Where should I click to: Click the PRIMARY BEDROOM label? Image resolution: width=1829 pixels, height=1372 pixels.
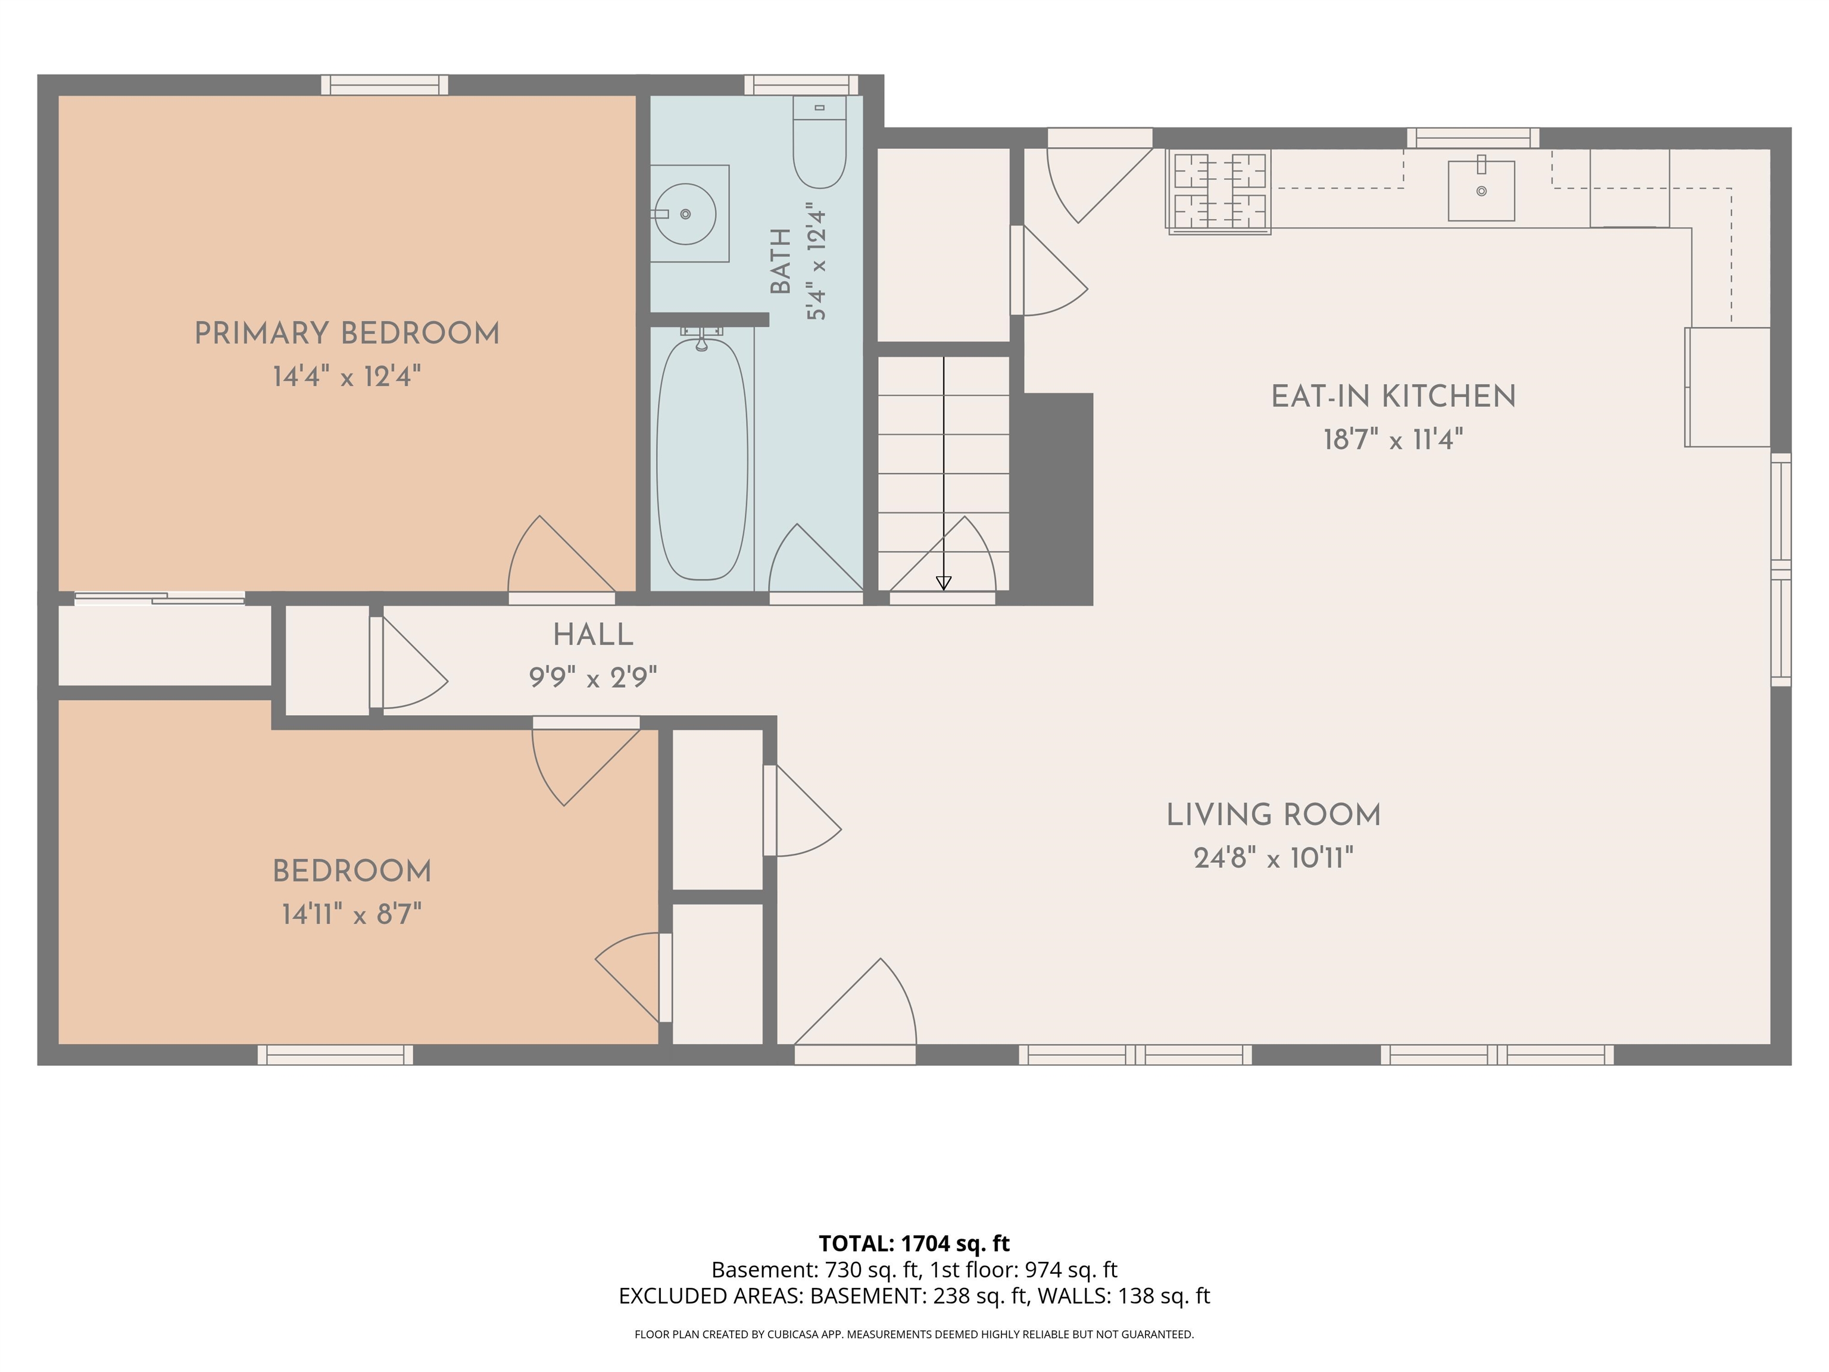[347, 334]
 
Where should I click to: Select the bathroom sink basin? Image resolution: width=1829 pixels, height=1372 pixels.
[685, 214]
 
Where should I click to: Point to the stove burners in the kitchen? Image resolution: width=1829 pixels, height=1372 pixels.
[1219, 191]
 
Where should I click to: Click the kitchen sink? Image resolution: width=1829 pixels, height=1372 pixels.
[1481, 190]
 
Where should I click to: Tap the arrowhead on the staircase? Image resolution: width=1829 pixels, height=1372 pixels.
[944, 583]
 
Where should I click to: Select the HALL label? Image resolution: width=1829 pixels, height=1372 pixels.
[593, 635]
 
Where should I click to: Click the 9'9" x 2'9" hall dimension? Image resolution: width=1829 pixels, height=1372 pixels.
[593, 679]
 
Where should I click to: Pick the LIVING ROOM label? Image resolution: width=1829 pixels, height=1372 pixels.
[1274, 815]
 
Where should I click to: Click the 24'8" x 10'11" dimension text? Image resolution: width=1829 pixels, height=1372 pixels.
[1274, 859]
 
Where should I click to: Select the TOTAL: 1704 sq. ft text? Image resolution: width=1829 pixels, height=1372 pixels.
[914, 1244]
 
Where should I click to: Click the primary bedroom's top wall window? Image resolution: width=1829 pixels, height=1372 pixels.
[385, 85]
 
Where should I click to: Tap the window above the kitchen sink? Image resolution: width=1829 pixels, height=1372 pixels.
[1472, 138]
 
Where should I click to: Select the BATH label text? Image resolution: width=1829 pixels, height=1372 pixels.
[780, 261]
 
